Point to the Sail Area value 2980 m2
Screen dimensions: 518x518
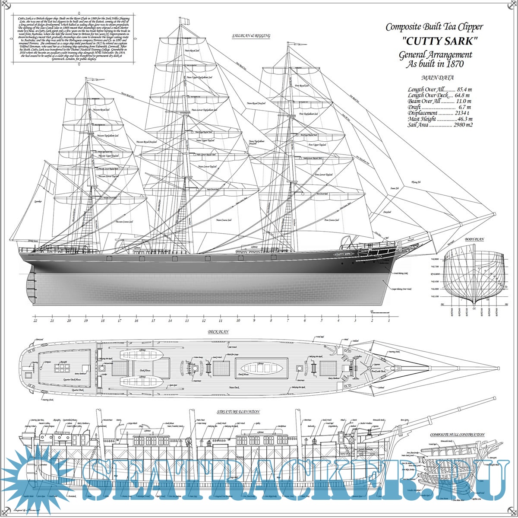click(x=463, y=125)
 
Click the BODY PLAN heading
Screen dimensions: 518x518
click(x=474, y=239)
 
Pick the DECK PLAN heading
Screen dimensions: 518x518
click(x=218, y=332)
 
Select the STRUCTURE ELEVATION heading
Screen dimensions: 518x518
click(x=238, y=412)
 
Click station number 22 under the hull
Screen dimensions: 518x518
click(x=35, y=321)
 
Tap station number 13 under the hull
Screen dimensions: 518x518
click(x=187, y=321)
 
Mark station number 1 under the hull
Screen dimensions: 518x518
click(x=389, y=321)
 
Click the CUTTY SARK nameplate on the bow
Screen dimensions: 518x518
click(x=344, y=254)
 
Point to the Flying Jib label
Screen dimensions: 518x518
click(x=416, y=182)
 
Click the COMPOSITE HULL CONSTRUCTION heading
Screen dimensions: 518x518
click(x=457, y=435)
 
